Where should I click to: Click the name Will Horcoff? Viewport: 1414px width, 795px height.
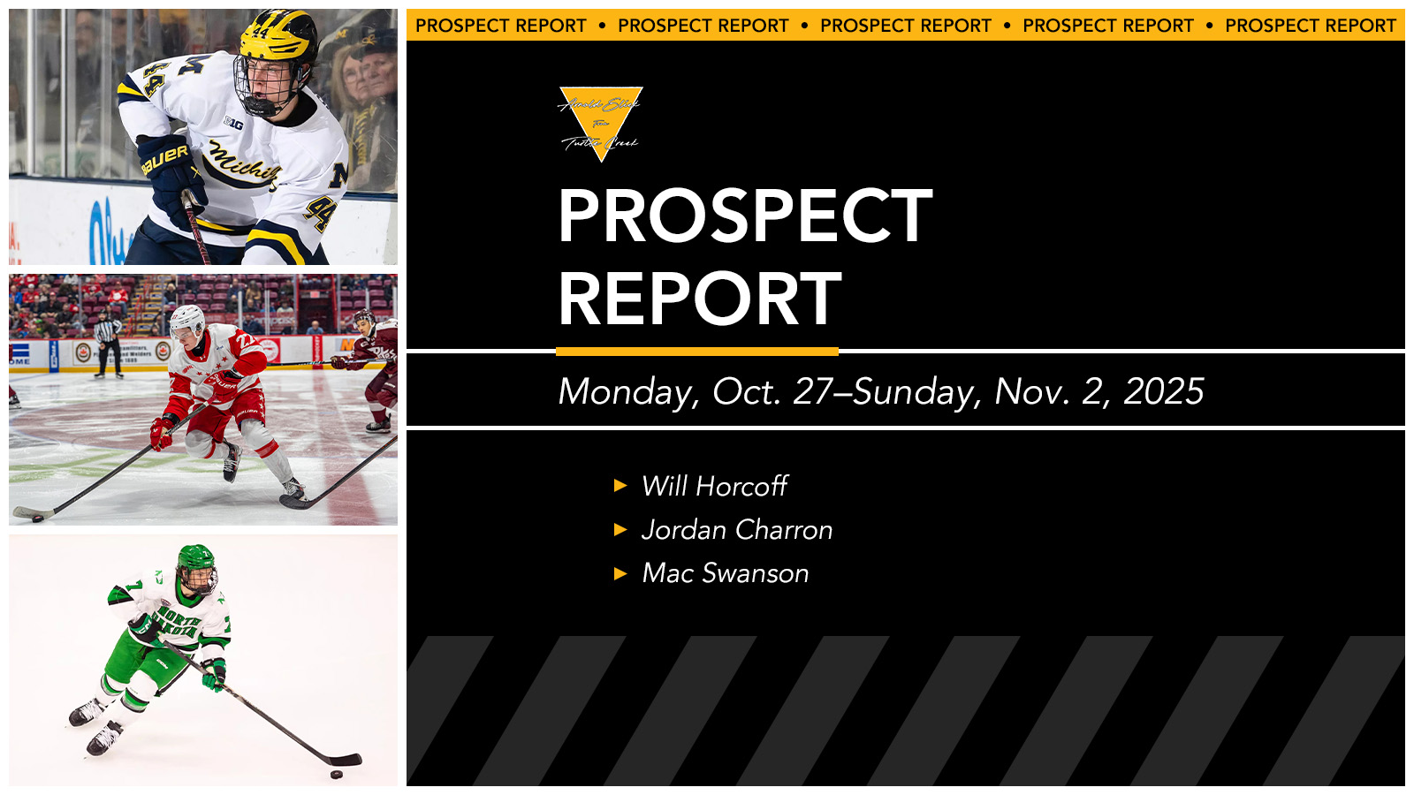pyautogui.click(x=714, y=486)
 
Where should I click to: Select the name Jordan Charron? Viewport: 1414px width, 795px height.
pyautogui.click(x=737, y=530)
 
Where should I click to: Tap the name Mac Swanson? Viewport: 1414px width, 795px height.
pyautogui.click(x=725, y=573)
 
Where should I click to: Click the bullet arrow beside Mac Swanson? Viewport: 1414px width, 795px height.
pyautogui.click(x=620, y=574)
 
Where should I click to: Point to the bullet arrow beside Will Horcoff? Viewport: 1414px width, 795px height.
pyautogui.click(x=620, y=486)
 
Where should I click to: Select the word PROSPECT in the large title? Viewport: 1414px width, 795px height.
pyautogui.click(x=745, y=216)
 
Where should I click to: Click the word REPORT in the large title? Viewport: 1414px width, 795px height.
pyautogui.click(x=700, y=299)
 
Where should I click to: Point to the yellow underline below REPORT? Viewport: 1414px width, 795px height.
pyautogui.click(x=697, y=352)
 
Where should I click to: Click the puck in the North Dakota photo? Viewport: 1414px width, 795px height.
pyautogui.click(x=336, y=775)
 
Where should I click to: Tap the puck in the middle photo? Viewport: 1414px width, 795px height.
pyautogui.click(x=37, y=519)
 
